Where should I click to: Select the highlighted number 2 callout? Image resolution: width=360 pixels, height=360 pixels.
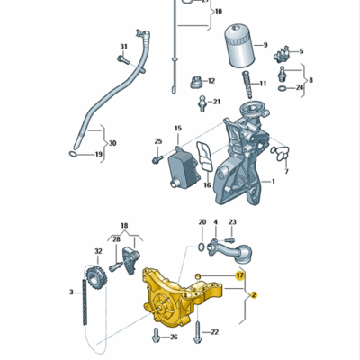254,294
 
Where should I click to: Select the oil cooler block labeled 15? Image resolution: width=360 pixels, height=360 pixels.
183,168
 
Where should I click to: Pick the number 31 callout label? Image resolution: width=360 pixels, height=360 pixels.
124,47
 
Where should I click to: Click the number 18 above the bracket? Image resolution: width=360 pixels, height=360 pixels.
124,225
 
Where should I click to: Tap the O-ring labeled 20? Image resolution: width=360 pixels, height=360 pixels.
199,245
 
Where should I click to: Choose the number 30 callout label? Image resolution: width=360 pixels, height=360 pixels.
111,143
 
